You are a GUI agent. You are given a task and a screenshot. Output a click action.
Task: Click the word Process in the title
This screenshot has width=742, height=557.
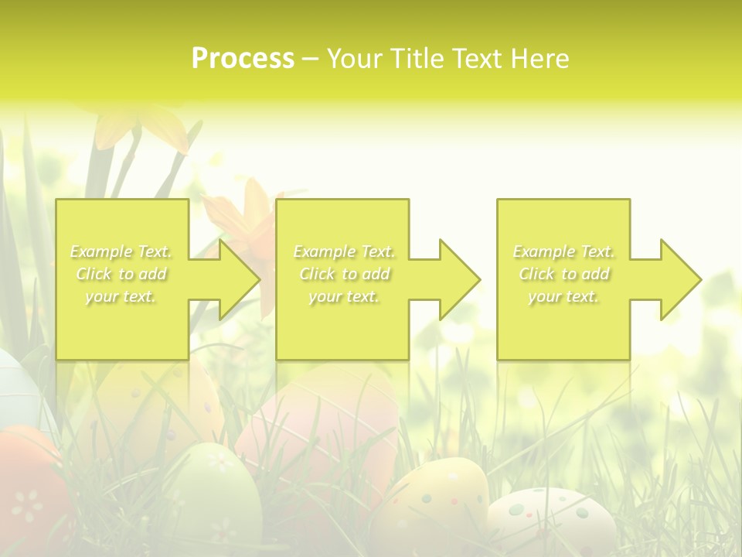point(243,59)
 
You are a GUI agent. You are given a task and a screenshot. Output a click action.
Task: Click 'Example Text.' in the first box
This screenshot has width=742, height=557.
point(121,251)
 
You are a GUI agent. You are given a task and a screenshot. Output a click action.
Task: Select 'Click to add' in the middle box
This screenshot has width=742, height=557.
point(344,274)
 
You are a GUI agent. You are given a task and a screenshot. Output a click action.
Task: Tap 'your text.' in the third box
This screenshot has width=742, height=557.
point(563,296)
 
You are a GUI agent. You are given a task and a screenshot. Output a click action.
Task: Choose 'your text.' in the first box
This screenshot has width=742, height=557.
point(121,296)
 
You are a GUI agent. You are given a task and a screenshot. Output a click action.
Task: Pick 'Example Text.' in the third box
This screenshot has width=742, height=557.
point(563,251)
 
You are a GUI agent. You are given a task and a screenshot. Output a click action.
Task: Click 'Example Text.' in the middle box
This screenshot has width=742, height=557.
point(344,251)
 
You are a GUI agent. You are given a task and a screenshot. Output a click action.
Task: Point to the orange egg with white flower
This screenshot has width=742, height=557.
point(27,495)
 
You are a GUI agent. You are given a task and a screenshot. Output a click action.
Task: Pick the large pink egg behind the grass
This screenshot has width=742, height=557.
point(317,433)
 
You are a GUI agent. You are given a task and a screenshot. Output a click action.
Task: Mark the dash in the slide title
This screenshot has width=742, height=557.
point(310,59)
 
